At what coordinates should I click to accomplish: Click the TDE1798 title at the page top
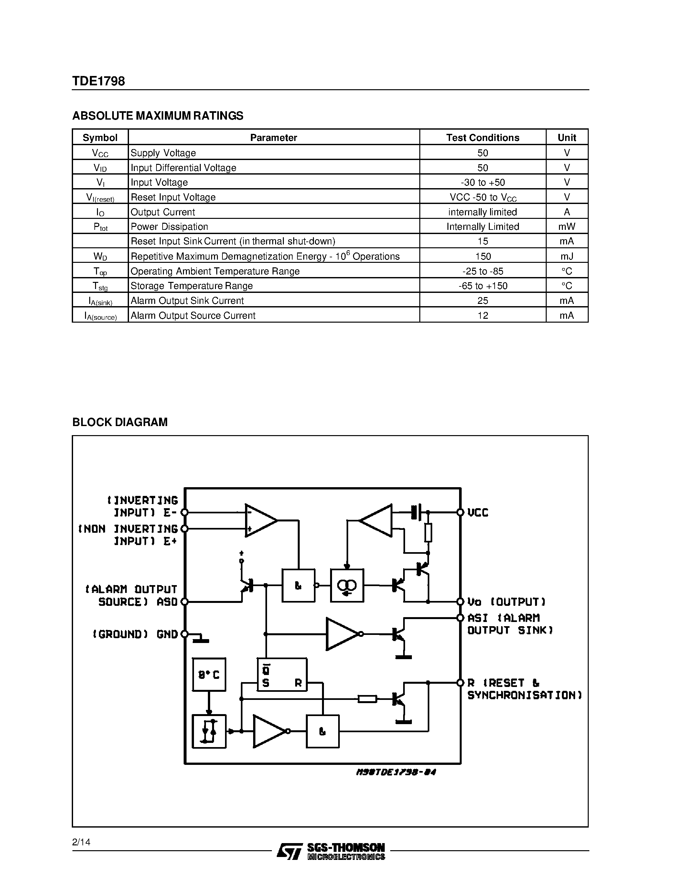tap(99, 81)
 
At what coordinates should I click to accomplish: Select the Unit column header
tap(566, 138)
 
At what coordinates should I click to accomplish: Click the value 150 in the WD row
tap(483, 256)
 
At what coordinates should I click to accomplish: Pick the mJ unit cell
tap(566, 256)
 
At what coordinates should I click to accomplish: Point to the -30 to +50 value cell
tap(483, 182)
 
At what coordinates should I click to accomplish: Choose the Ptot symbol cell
tap(100, 227)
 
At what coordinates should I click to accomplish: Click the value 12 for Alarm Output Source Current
tap(483, 316)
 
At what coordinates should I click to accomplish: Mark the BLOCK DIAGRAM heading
tap(120, 422)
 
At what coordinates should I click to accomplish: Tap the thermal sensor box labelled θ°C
tap(209, 674)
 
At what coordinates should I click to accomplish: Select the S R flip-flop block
tap(282, 674)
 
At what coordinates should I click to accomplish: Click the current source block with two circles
tap(347, 586)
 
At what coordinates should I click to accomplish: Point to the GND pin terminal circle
tap(184, 634)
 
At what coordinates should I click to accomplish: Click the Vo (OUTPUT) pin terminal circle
tap(460, 602)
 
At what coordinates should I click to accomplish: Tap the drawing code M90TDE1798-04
tap(396, 772)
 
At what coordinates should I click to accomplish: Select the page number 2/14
tap(81, 842)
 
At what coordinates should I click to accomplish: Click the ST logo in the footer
tap(289, 851)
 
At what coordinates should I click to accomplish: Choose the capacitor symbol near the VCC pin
tap(416, 512)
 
